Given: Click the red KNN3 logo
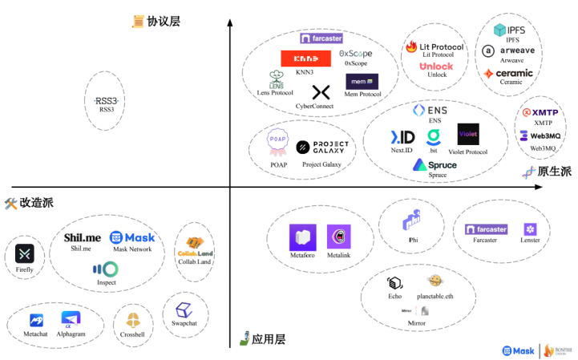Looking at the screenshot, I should [x=305, y=59].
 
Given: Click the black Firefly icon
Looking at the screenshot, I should [x=26, y=254].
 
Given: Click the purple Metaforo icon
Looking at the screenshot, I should [x=303, y=237].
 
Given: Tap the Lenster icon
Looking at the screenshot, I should [x=530, y=229].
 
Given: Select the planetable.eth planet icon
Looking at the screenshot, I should [x=434, y=281].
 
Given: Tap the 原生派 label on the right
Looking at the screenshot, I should [x=554, y=172].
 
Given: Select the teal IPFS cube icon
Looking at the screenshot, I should [x=501, y=30].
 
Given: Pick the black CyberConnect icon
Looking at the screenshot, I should [x=321, y=92].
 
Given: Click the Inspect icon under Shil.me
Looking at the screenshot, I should [x=105, y=269].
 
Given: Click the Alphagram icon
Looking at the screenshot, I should [x=71, y=320].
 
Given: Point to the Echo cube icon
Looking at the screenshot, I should [x=394, y=282].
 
